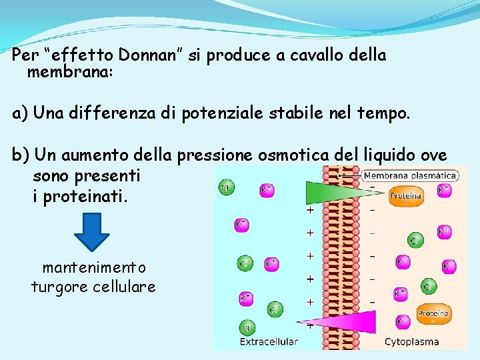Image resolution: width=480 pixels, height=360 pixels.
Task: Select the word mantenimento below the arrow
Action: pyautogui.click(x=93, y=268)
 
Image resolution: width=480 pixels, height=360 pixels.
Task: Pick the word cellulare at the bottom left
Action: pyautogui.click(x=127, y=287)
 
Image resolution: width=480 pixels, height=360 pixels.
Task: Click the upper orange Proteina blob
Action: pyautogui.click(x=405, y=196)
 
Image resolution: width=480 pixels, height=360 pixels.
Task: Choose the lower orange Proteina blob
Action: pyautogui.click(x=433, y=313)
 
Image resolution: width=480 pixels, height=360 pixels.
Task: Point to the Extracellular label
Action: pyautogui.click(x=269, y=342)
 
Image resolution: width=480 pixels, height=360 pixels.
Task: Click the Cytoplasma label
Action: pyautogui.click(x=412, y=342)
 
